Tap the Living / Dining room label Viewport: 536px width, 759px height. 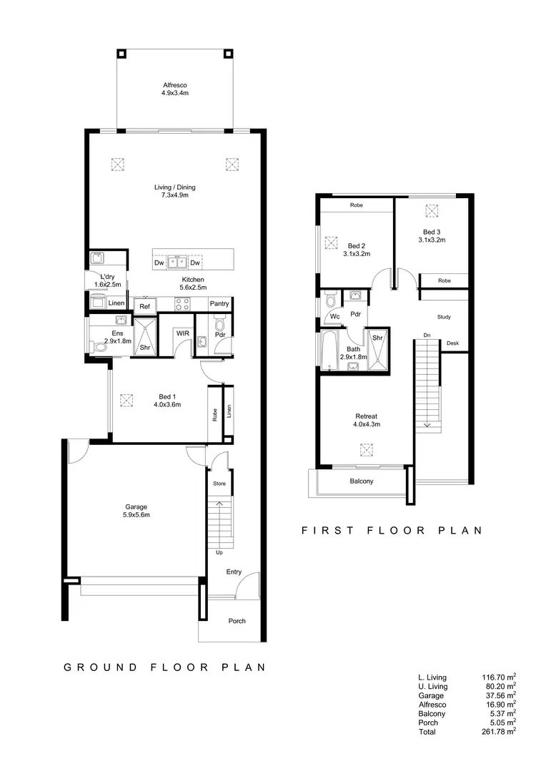(x=175, y=187)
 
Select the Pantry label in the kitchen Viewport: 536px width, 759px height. (x=219, y=304)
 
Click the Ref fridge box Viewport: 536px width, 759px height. (x=144, y=305)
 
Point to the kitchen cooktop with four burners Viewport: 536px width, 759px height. (x=182, y=304)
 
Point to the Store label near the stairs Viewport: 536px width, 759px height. (x=219, y=484)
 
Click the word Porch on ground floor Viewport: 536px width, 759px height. (x=237, y=621)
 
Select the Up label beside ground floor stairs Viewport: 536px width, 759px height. (x=219, y=552)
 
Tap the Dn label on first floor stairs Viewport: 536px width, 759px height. (x=427, y=335)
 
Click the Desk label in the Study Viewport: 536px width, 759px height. (x=452, y=344)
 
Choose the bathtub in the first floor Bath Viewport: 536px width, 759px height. (x=329, y=351)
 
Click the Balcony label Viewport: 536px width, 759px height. (x=362, y=481)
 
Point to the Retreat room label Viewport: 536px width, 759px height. (x=366, y=416)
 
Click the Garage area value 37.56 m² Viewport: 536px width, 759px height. (x=499, y=695)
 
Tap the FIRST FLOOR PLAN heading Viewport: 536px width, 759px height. (x=392, y=531)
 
